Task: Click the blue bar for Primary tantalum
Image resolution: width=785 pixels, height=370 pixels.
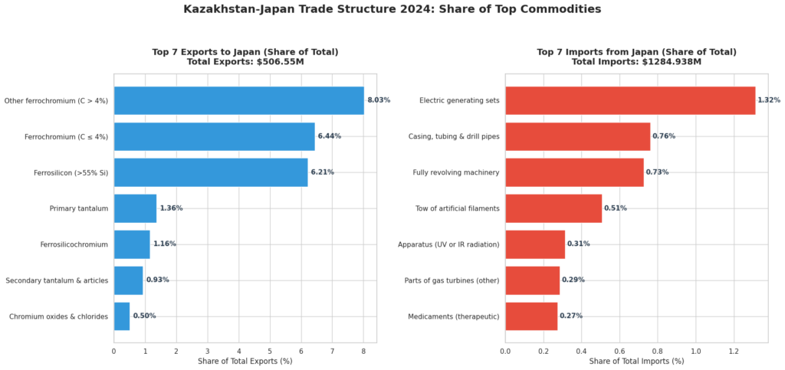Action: pyautogui.click(x=135, y=208)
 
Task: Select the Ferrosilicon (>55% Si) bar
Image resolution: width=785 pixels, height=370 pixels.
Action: pyautogui.click(x=211, y=172)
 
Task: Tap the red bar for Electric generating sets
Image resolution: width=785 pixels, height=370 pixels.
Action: pyautogui.click(x=630, y=100)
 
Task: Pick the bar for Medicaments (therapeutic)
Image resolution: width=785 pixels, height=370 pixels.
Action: pyautogui.click(x=531, y=316)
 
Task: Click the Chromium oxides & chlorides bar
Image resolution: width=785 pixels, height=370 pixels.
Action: pyautogui.click(x=122, y=316)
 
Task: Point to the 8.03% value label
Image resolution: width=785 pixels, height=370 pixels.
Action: pyautogui.click(x=379, y=100)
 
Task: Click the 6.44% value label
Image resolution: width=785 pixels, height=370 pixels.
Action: pyautogui.click(x=329, y=136)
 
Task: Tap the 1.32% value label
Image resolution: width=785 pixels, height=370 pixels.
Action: pyautogui.click(x=768, y=100)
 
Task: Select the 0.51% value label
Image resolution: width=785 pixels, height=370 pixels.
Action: pyautogui.click(x=615, y=208)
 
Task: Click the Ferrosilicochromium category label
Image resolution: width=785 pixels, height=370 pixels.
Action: pyautogui.click(x=74, y=244)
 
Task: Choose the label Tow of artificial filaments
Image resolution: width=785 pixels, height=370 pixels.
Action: pyautogui.click(x=458, y=208)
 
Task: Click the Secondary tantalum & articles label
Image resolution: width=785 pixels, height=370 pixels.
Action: pyautogui.click(x=57, y=280)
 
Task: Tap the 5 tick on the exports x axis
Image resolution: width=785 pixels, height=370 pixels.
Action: pyautogui.click(x=270, y=351)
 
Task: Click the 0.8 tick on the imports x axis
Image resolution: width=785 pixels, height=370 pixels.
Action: pyautogui.click(x=658, y=351)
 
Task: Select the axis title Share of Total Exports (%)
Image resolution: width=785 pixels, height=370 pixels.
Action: pyautogui.click(x=245, y=361)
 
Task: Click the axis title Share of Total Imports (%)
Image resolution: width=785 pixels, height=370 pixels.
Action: pyautogui.click(x=636, y=361)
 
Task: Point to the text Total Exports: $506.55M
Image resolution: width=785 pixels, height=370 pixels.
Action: pyautogui.click(x=245, y=61)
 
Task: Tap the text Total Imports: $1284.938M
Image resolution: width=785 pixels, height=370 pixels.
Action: pyautogui.click(x=636, y=61)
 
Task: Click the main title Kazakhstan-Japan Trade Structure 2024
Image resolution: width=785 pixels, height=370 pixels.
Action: pyautogui.click(x=392, y=9)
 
